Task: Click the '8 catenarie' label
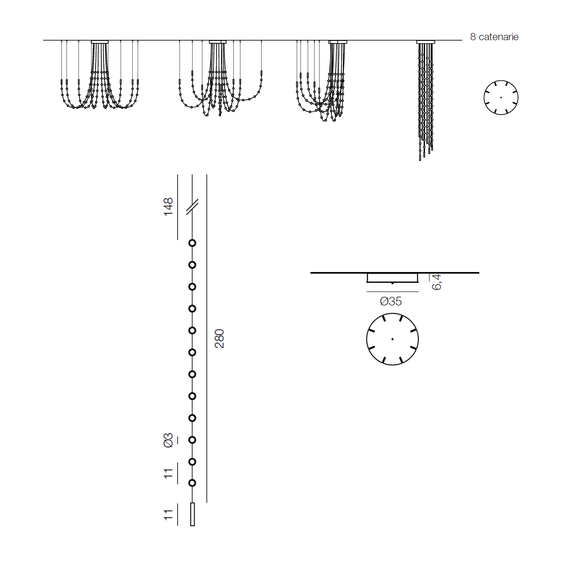click(x=494, y=37)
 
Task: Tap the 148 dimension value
click(x=168, y=207)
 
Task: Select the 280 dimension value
click(x=219, y=339)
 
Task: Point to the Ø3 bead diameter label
click(x=168, y=440)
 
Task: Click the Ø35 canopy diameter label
click(x=391, y=301)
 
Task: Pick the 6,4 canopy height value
click(x=436, y=282)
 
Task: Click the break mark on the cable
click(x=192, y=207)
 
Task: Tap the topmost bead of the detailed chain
click(x=192, y=243)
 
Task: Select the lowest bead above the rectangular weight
click(x=192, y=483)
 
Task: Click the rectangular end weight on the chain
click(x=193, y=514)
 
